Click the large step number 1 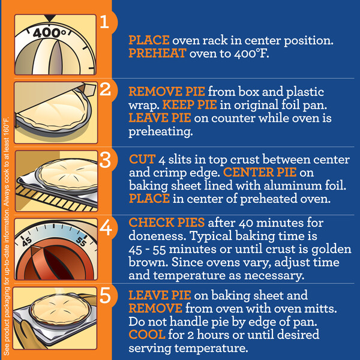104,22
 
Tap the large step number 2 105,89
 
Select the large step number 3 105,160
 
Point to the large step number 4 106,228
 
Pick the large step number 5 105,296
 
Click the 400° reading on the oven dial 49,32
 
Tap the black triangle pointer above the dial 50,18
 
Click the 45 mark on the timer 27,242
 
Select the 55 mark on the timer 81,241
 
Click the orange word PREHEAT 157,53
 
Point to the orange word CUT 142,159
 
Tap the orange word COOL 147,335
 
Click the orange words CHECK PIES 167,223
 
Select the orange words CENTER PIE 260,172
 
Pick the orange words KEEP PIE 190,105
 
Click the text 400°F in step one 251,53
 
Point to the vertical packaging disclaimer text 7,236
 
